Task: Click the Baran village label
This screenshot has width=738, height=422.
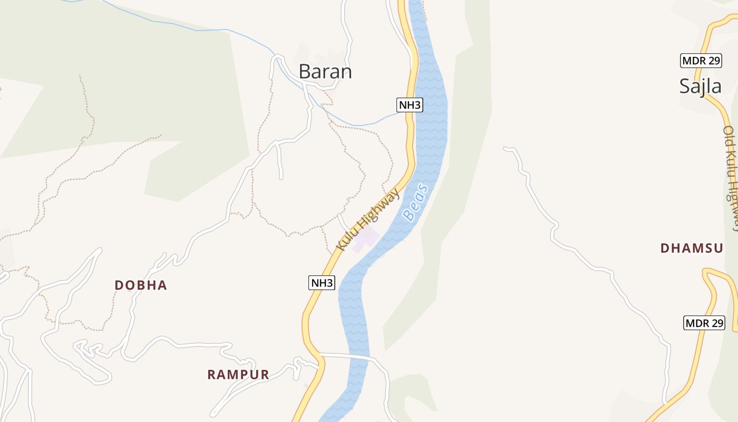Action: click(325, 71)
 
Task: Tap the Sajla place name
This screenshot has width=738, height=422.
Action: click(700, 85)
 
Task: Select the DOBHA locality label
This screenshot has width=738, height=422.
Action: click(141, 285)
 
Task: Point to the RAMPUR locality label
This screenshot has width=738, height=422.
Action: click(238, 375)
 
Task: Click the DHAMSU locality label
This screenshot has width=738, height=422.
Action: click(692, 248)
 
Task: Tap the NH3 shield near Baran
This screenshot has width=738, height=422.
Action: click(410, 105)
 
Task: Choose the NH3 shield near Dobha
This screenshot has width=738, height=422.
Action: click(322, 283)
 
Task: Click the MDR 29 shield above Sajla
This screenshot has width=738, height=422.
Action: click(701, 61)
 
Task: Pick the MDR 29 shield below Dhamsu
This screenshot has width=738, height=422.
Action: click(704, 323)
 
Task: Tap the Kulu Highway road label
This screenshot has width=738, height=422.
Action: click(368, 219)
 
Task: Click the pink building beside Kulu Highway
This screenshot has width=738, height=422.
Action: click(366, 240)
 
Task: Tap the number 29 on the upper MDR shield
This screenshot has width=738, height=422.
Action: click(714, 61)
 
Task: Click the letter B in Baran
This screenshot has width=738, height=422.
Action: click(304, 71)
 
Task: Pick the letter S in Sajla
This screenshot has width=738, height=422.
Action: click(684, 85)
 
